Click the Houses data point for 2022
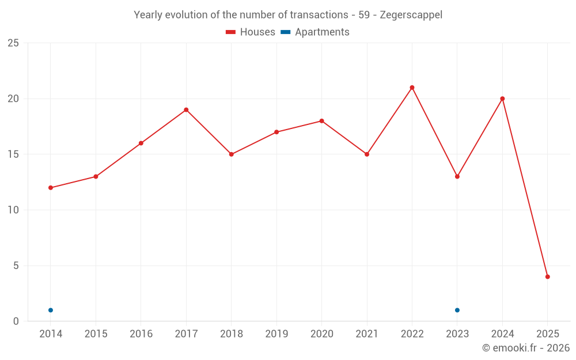412,88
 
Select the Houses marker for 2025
548,276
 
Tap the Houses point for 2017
186,109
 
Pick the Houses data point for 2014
51,188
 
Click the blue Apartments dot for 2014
51,310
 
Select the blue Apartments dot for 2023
457,310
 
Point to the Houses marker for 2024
502,98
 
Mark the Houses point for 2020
321,121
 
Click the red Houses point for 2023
457,176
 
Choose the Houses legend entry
251,32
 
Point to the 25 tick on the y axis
13,43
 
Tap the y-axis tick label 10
13,210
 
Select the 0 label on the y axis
16,321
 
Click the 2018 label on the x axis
231,334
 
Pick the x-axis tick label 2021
367,334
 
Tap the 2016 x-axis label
141,334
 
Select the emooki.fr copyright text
526,348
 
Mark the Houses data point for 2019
276,132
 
